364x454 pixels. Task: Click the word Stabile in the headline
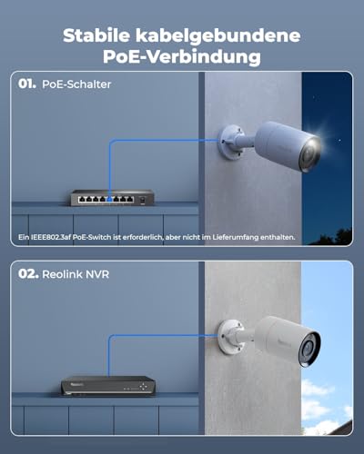click(x=96, y=35)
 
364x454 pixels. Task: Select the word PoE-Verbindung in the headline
click(x=182, y=56)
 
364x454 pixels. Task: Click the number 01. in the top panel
click(x=27, y=84)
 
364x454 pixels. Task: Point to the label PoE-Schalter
click(x=76, y=84)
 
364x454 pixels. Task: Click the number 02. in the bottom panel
click(x=28, y=274)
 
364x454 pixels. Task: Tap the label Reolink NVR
click(x=76, y=274)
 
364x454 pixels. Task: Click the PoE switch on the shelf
click(x=112, y=198)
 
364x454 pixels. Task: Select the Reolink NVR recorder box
click(x=108, y=386)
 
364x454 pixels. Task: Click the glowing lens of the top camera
click(x=310, y=154)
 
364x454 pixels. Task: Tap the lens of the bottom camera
click(x=309, y=349)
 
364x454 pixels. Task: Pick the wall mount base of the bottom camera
click(x=229, y=337)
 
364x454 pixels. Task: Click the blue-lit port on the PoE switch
click(x=109, y=200)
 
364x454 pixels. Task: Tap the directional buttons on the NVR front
click(x=143, y=386)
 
